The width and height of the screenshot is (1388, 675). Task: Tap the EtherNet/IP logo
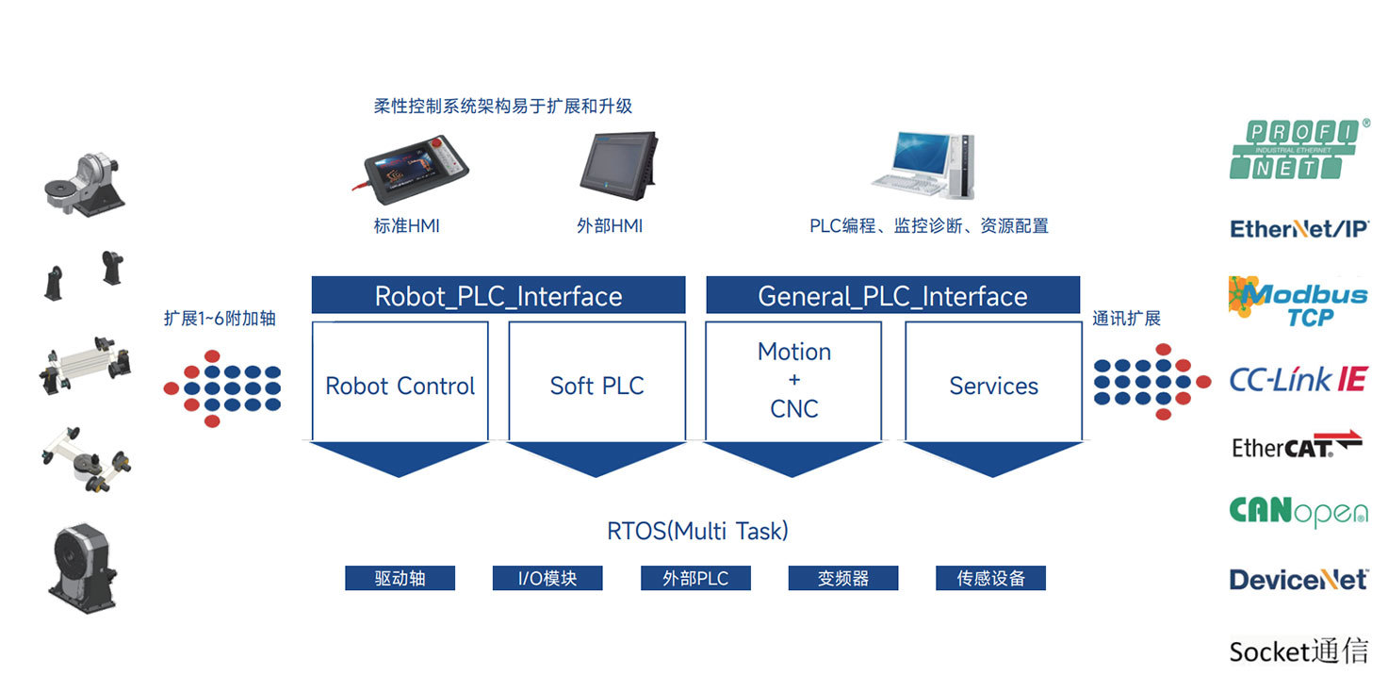(1298, 228)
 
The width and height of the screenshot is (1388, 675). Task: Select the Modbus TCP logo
(1298, 301)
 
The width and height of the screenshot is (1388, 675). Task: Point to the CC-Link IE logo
(1298, 379)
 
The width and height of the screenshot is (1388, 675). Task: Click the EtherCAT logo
(1297, 445)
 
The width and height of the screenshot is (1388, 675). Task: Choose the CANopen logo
(1298, 512)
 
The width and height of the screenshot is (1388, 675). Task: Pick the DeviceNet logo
(1298, 579)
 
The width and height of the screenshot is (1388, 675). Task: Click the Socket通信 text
(1298, 650)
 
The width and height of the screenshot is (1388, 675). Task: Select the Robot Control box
(400, 386)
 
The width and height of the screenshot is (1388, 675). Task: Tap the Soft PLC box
(597, 386)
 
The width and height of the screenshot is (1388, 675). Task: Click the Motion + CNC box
(794, 380)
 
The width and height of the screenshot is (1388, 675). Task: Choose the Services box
(993, 386)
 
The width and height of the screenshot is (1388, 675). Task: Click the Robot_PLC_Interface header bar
(498, 295)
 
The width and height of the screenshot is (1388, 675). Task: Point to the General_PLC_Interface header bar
(892, 295)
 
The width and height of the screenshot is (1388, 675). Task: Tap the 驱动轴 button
(400, 578)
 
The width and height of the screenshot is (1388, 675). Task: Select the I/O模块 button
(547, 578)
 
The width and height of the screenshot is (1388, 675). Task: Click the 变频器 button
(843, 578)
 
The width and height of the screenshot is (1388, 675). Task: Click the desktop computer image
(921, 166)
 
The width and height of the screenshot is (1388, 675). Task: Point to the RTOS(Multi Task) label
(697, 531)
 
